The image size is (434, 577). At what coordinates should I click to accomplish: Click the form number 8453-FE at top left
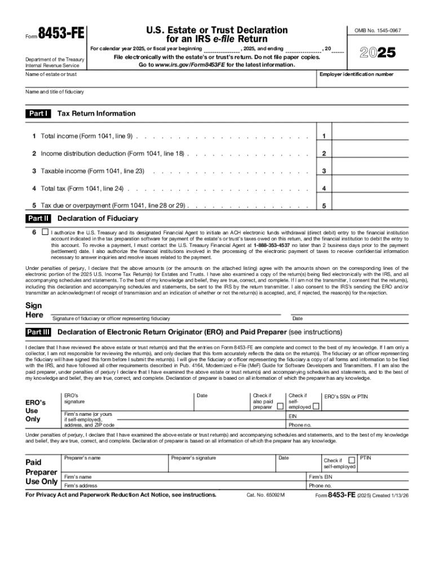tap(60, 33)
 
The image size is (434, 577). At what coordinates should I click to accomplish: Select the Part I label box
tap(38, 114)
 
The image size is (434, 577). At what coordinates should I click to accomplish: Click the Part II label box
tap(38, 218)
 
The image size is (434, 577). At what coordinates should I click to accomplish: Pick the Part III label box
tap(38, 332)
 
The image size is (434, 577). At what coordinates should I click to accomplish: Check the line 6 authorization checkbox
tap(45, 232)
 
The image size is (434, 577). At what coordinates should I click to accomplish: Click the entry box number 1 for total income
tap(324, 136)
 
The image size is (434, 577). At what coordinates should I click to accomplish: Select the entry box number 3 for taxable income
tap(324, 171)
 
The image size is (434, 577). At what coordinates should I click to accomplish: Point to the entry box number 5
tap(324, 206)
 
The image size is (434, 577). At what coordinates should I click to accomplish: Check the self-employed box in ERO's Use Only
tap(316, 406)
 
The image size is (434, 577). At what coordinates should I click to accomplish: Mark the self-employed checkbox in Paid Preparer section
tap(352, 460)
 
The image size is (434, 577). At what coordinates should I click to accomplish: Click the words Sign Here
tap(34, 310)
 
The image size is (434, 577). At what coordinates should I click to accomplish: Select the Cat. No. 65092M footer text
tap(265, 495)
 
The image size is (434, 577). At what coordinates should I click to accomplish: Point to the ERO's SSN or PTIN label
tap(346, 397)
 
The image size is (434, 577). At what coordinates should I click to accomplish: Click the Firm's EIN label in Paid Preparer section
tap(321, 477)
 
